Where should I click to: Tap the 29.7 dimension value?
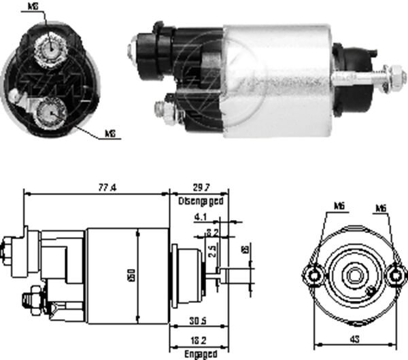(199, 187)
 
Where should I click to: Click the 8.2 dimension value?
(211, 233)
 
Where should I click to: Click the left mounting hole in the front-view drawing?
(313, 275)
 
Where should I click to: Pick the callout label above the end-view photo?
(33, 7)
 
